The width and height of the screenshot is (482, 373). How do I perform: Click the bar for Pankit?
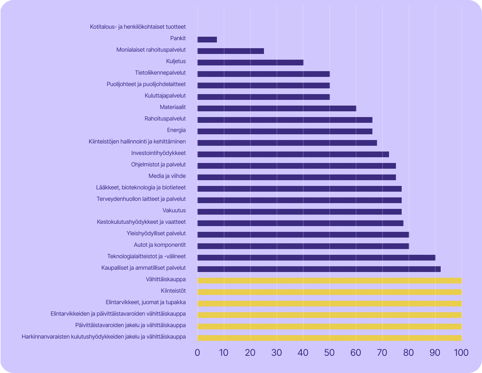(x=207, y=39)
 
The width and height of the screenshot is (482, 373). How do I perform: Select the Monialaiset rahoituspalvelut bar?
(x=231, y=51)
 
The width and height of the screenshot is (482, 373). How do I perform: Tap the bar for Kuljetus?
(x=250, y=62)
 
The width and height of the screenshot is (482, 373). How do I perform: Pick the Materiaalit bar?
(x=277, y=108)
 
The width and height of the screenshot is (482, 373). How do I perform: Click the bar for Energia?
(x=285, y=131)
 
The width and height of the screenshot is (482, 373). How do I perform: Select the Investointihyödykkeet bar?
(x=293, y=154)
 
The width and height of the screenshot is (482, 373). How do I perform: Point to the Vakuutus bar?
(x=300, y=212)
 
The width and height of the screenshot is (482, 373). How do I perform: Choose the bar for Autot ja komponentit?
(x=303, y=246)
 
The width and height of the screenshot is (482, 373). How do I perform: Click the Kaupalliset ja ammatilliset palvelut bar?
(x=319, y=269)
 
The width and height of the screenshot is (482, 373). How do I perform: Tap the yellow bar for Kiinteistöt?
(x=329, y=292)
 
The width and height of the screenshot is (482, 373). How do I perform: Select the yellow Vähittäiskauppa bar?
(x=329, y=280)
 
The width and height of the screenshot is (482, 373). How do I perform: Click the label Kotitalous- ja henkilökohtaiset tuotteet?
(x=138, y=27)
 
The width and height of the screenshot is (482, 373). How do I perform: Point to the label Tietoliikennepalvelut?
(x=160, y=73)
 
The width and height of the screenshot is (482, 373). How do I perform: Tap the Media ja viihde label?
(x=167, y=176)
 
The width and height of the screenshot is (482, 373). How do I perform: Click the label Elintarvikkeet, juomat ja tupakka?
(x=146, y=302)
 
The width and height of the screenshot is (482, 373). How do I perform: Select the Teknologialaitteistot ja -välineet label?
(x=147, y=256)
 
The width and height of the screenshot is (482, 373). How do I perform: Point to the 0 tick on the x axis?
(x=197, y=352)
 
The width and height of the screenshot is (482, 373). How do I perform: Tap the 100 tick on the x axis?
(x=461, y=352)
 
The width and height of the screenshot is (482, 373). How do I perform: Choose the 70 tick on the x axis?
(x=382, y=352)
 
